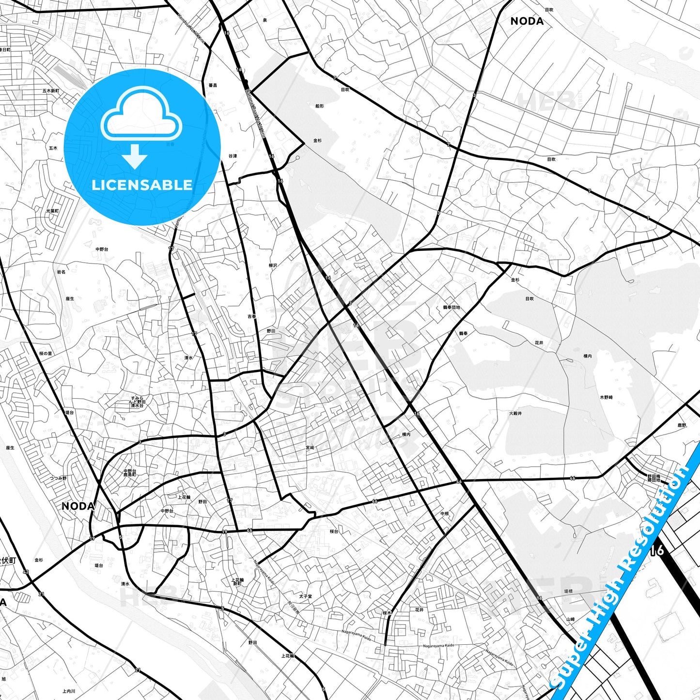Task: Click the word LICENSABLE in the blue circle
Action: pyautogui.click(x=142, y=185)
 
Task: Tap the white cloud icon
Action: pyautogui.click(x=141, y=113)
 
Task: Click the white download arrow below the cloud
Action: pyautogui.click(x=135, y=156)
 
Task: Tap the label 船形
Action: pyautogui.click(x=319, y=106)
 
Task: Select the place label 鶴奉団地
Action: pyautogui.click(x=451, y=308)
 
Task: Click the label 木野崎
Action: pyautogui.click(x=607, y=397)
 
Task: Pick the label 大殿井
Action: pyautogui.click(x=515, y=414)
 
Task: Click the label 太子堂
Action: pyautogui.click(x=306, y=597)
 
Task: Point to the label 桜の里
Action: pyautogui.click(x=46, y=354)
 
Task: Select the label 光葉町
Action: pyautogui.click(x=52, y=211)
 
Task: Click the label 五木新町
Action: pyautogui.click(x=50, y=91)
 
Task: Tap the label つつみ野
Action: pyautogui.click(x=58, y=478)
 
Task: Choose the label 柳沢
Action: pyautogui.click(x=273, y=265)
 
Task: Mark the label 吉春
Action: pyautogui.click(x=252, y=316)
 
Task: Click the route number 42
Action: pyautogui.click(x=26, y=572)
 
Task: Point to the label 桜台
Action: pyautogui.click(x=334, y=531)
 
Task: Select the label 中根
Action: pyautogui.click(x=445, y=513)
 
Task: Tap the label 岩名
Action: pyautogui.click(x=61, y=272)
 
